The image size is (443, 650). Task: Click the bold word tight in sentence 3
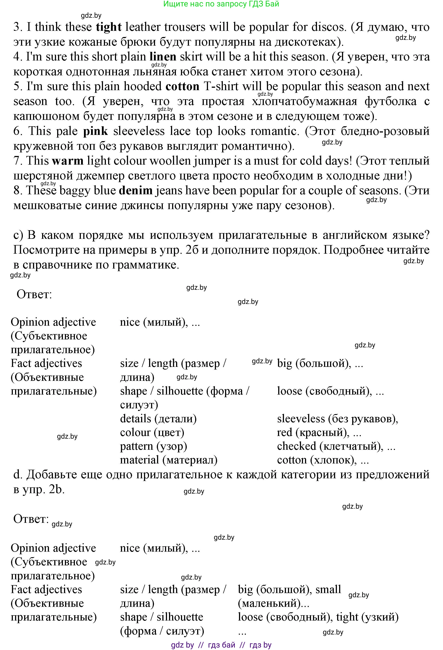pyautogui.click(x=109, y=27)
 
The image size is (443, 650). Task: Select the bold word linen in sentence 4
pyautogui.click(x=163, y=57)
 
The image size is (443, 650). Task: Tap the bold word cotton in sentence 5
pyautogui.click(x=182, y=86)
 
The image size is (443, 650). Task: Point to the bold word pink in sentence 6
pyautogui.click(x=95, y=131)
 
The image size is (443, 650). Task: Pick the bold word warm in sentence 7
pyautogui.click(x=68, y=161)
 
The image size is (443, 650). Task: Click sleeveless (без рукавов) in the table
pyautogui.click(x=337, y=419)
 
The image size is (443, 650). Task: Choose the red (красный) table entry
pyautogui.click(x=319, y=432)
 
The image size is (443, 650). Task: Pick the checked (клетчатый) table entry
pyautogui.click(x=336, y=446)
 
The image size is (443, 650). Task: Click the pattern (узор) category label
pyautogui.click(x=153, y=446)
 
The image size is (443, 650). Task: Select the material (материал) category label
pyautogui.click(x=168, y=460)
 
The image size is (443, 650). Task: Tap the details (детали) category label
pyautogui.click(x=158, y=419)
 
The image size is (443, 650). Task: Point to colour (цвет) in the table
pyautogui.click(x=152, y=432)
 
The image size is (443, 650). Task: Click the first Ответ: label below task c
pyautogui.click(x=34, y=294)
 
